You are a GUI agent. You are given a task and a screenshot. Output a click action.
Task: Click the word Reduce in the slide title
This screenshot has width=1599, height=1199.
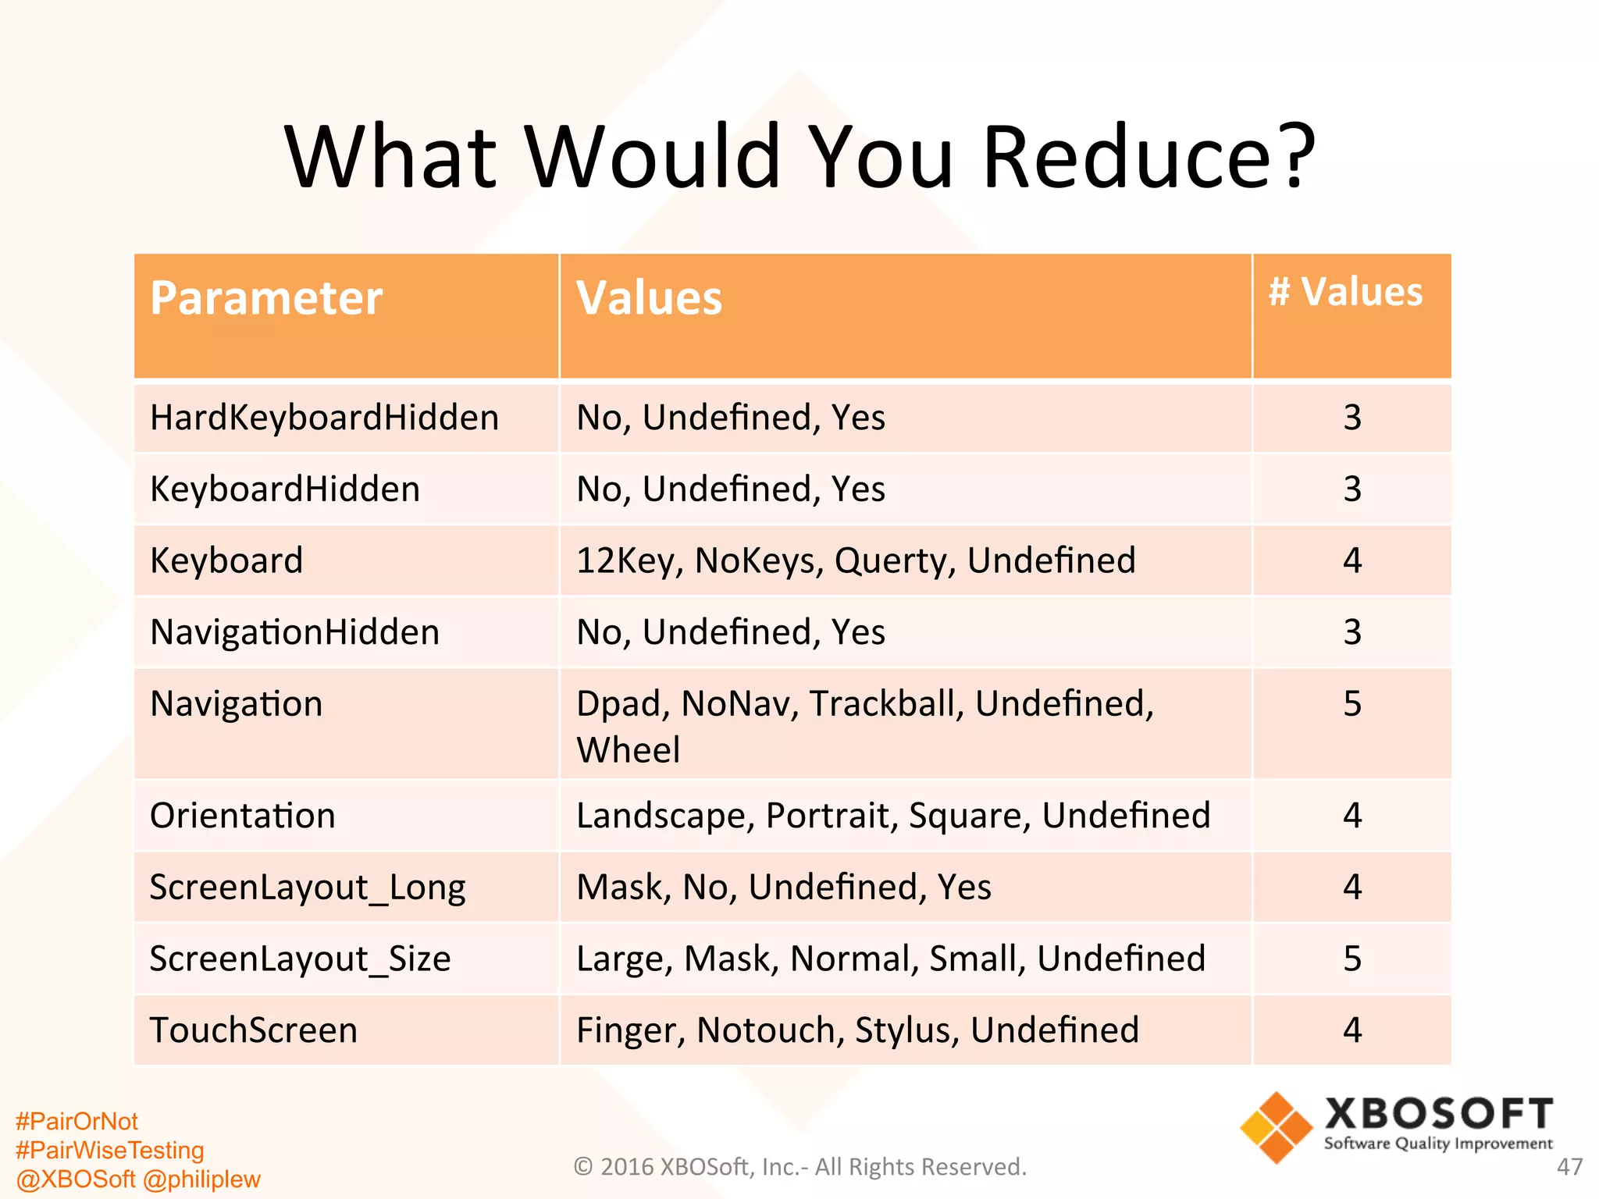tap(1148, 157)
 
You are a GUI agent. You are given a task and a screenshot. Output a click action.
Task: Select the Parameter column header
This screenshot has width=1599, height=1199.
tap(266, 298)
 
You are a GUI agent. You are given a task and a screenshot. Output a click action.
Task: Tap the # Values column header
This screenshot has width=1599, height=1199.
tap(1345, 292)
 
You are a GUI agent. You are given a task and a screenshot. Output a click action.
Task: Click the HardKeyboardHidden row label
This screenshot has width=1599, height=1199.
tap(324, 418)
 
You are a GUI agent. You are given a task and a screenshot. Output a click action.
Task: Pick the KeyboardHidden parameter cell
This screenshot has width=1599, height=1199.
tap(285, 489)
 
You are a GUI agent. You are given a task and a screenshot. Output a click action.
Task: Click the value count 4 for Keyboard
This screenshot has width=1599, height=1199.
tap(1352, 560)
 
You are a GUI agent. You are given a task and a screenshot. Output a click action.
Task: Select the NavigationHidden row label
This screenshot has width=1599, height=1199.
tap(294, 632)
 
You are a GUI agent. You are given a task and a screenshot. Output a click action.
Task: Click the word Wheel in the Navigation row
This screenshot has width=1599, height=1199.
tap(628, 750)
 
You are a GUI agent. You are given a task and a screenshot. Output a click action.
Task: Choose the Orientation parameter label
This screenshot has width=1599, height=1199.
tap(242, 816)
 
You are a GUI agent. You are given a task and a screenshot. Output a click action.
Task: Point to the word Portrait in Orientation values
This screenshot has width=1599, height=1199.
tap(828, 816)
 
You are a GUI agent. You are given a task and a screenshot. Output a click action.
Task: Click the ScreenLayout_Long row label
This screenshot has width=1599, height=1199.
tap(308, 888)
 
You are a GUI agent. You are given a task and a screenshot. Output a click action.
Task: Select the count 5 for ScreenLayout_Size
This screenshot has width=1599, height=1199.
tap(1352, 959)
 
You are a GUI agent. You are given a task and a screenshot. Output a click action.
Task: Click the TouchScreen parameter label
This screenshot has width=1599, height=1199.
tap(254, 1030)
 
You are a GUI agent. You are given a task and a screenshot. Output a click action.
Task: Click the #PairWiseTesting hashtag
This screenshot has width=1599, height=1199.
tap(109, 1150)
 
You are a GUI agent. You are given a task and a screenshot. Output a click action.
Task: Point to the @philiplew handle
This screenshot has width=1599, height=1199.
tap(201, 1179)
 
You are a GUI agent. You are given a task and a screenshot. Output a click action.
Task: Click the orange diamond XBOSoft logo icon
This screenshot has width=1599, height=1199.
tap(1277, 1127)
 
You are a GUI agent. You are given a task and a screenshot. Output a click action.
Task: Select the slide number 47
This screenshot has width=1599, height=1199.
tap(1569, 1167)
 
